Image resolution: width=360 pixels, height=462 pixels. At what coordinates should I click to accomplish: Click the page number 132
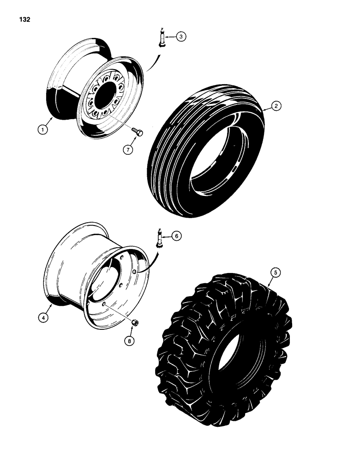[x=24, y=20]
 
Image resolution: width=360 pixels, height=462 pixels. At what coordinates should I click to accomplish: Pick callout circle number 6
[x=176, y=236]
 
